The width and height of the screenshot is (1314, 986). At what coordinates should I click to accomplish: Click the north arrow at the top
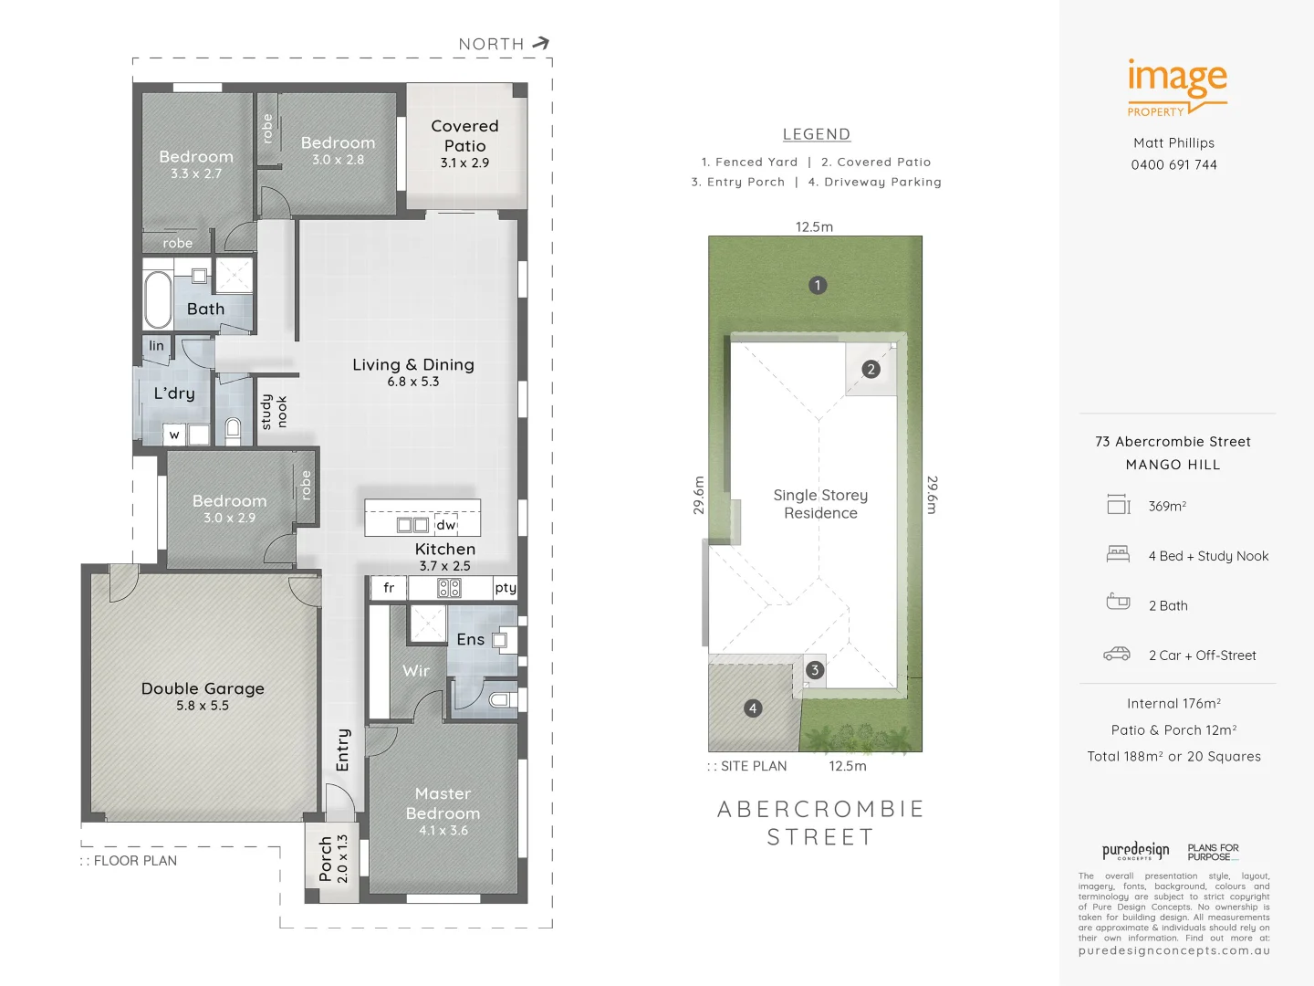coord(540,43)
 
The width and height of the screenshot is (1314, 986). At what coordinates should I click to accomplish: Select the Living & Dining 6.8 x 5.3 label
coord(413,372)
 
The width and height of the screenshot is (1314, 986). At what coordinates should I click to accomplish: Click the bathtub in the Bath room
coord(158,299)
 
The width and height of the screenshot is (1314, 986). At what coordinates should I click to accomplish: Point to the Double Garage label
coord(203,696)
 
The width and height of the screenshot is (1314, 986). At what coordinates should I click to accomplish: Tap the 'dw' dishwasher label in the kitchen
coord(445,525)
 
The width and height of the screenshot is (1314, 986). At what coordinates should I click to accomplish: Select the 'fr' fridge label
coord(389,588)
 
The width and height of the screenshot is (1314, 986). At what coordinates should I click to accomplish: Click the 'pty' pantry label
coord(505,588)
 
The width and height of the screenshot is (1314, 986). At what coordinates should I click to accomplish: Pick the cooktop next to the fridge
coord(449,588)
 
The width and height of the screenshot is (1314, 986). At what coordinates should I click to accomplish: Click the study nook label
coord(274,412)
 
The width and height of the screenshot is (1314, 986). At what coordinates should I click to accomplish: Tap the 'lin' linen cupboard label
coord(157,346)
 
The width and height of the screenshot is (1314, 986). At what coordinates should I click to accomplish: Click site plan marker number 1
coord(818,285)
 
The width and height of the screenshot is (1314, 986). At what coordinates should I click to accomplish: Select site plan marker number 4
coord(753,708)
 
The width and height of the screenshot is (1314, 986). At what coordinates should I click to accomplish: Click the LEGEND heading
coord(817,134)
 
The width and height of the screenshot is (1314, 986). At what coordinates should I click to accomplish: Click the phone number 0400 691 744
coord(1173,165)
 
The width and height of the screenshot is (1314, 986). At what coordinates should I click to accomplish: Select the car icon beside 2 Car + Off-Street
coord(1117,654)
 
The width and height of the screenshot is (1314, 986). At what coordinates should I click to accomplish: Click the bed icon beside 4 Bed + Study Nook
coord(1118,553)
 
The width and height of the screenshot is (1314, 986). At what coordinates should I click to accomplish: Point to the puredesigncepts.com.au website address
coord(1173,950)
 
